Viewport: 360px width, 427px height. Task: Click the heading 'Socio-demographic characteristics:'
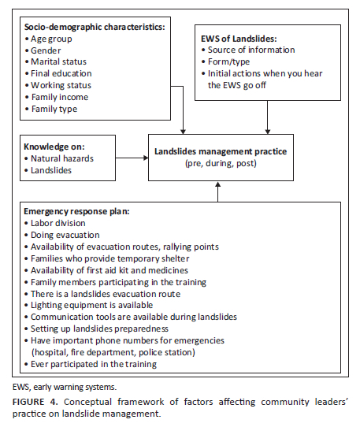[x=95, y=27]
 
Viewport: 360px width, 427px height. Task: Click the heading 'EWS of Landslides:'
[x=239, y=39]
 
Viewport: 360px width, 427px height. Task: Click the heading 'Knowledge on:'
[x=54, y=147]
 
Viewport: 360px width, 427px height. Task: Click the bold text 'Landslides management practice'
[x=221, y=151]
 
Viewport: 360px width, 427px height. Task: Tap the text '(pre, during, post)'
[x=221, y=163]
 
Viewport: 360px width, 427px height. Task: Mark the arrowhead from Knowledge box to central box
[x=146, y=158]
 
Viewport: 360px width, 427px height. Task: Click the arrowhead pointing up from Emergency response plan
[x=218, y=184]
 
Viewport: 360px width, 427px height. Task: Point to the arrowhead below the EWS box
[x=268, y=132]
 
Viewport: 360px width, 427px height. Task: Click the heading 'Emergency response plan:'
[x=76, y=212]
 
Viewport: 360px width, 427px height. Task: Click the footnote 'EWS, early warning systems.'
[x=65, y=388]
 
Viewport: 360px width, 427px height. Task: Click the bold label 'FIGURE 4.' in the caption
[x=35, y=402]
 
